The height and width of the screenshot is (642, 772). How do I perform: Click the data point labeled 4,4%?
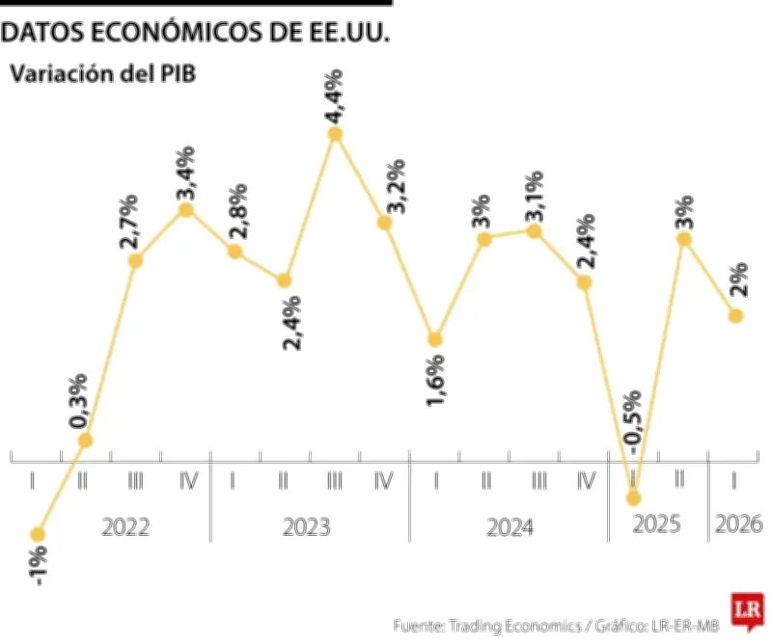coord(335,134)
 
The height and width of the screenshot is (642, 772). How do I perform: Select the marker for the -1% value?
coord(38,534)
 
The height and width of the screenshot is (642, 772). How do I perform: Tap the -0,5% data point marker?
coord(633,497)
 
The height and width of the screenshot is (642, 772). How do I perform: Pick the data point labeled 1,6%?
coord(435,339)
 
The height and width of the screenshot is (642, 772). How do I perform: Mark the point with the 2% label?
coord(735,315)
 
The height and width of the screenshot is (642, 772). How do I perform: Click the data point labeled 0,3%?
coord(85,441)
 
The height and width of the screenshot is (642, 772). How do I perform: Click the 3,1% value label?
coord(535,196)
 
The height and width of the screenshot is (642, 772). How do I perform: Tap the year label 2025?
coord(656,525)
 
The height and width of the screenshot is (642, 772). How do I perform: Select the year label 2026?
coord(738,525)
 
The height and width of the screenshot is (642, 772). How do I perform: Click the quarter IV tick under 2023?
coord(383,478)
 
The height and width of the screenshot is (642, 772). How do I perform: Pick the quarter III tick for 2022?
coord(135,478)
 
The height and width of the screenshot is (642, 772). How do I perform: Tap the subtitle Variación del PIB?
coord(103,74)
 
